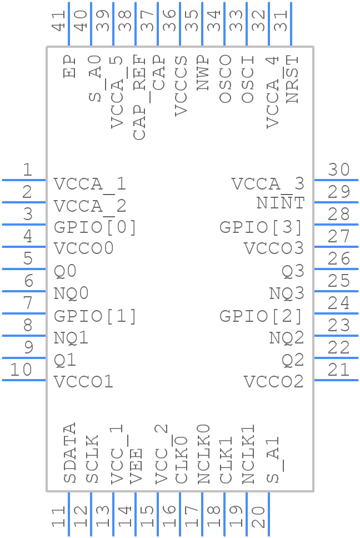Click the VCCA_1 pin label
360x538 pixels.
point(90,184)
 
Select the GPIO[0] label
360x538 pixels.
point(95,227)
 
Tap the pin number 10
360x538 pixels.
point(21,370)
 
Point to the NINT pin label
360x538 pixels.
point(281,203)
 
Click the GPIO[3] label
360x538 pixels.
point(262,227)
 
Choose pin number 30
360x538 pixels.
point(339,170)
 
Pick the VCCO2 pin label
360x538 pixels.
point(274,382)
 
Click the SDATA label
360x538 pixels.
point(69,453)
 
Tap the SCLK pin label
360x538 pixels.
point(92,459)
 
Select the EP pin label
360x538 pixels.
point(69,66)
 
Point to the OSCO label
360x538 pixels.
point(226,78)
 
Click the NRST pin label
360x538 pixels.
point(292,78)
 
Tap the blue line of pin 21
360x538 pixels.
point(336,380)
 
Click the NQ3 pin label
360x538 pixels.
point(287,293)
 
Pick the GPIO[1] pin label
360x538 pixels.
point(95,316)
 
